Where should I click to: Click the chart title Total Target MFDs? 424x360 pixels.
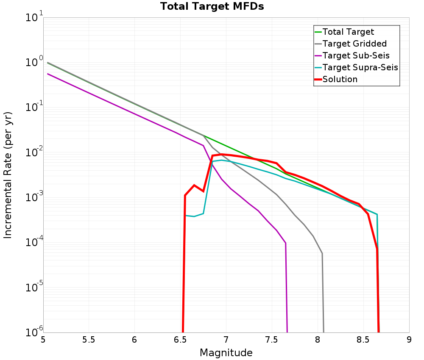tap(212, 7)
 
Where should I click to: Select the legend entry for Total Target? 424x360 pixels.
tap(348, 32)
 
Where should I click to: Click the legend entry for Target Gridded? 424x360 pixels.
tap(354, 44)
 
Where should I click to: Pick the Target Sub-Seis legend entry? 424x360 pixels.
tap(356, 55)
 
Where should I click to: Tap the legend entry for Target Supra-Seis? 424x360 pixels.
tap(360, 67)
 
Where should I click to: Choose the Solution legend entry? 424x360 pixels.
tap(340, 79)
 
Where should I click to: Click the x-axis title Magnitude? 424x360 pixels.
tap(226, 352)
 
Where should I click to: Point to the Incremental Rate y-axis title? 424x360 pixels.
tap(8, 175)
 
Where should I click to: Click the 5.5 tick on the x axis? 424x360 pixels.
tap(89, 340)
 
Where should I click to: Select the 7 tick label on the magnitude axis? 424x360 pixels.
tap(226, 340)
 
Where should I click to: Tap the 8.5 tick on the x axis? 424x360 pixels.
tap(363, 340)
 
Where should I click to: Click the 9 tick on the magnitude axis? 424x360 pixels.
tap(409, 340)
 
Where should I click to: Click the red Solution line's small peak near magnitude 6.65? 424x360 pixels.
tap(194, 185)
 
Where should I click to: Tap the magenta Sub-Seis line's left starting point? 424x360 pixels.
tap(47, 74)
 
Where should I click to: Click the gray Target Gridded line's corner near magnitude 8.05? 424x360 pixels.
tap(322, 253)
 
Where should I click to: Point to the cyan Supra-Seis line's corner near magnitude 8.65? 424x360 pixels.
tap(377, 214)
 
